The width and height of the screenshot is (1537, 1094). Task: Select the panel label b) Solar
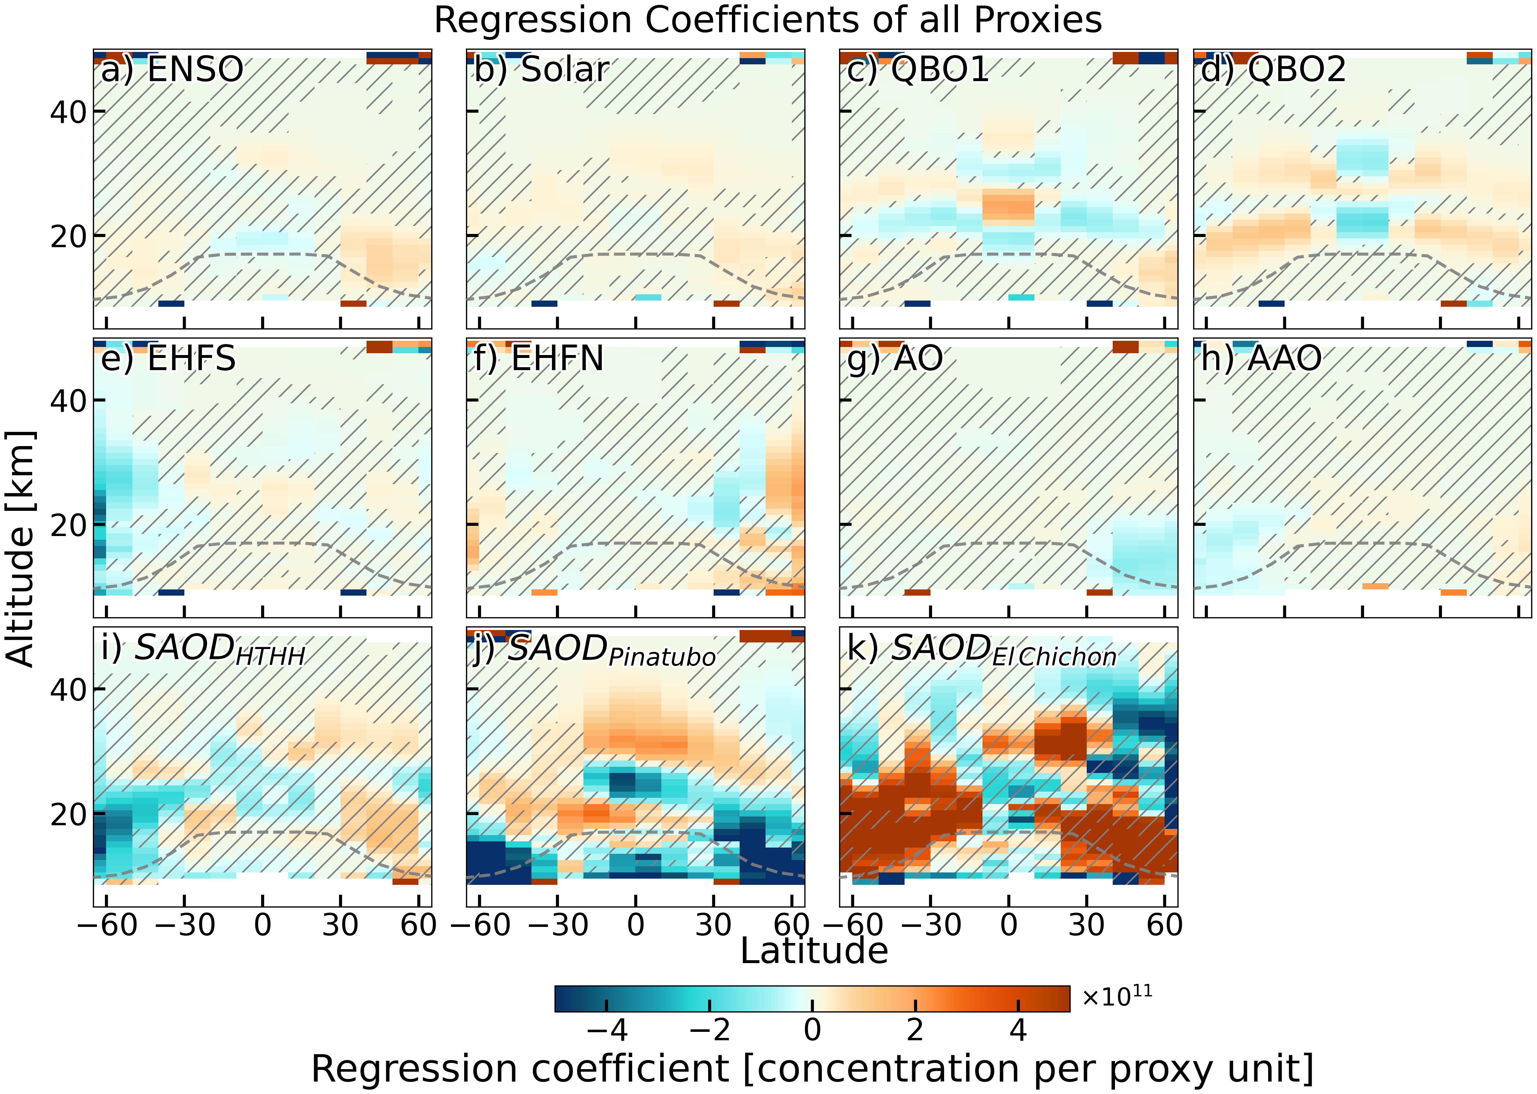pos(542,69)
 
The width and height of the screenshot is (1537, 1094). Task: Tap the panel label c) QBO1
pos(918,69)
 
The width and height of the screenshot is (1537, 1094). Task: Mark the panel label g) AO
pos(895,358)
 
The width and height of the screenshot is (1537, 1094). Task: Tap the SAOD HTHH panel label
pos(203,650)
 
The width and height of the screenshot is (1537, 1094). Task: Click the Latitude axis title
pos(814,951)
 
